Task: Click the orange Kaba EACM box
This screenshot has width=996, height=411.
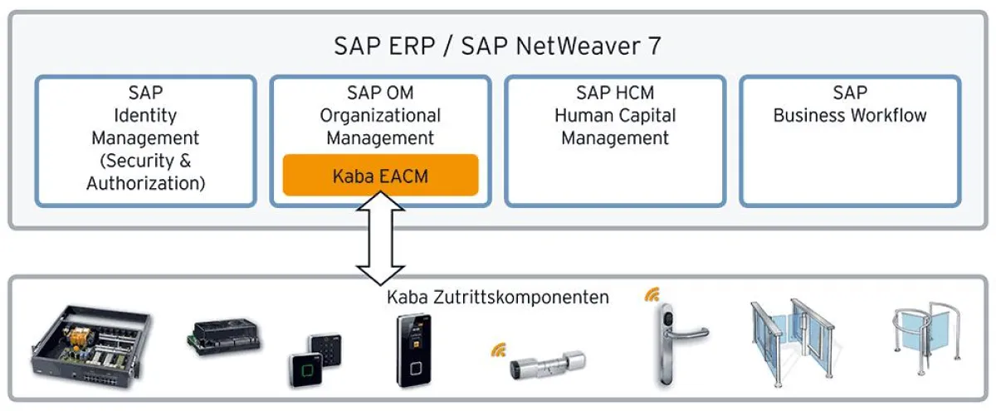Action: click(380, 175)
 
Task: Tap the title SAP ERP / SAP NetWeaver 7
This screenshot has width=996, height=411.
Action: click(498, 46)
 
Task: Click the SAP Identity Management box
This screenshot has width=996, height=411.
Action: click(146, 141)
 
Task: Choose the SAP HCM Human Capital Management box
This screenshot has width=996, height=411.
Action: click(615, 141)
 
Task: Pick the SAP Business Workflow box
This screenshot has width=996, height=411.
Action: click(850, 141)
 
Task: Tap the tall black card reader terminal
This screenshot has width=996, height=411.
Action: click(413, 349)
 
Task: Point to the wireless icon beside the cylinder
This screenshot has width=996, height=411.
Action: click(499, 351)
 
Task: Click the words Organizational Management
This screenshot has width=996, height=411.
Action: click(380, 127)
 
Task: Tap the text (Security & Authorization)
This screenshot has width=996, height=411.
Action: click(146, 172)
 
